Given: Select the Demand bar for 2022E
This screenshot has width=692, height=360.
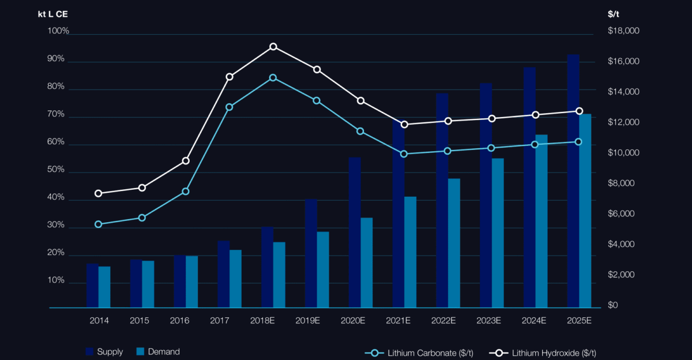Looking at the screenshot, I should (x=454, y=243).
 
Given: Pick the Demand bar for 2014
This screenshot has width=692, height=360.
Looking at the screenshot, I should (x=104, y=287).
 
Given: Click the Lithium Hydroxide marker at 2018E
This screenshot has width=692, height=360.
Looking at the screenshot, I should (x=273, y=47).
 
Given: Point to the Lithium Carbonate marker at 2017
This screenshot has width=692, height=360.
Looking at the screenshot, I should (x=230, y=107).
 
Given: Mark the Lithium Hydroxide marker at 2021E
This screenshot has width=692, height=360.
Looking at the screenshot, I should (x=404, y=125).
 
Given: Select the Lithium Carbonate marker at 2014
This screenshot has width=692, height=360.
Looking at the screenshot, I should (x=98, y=224).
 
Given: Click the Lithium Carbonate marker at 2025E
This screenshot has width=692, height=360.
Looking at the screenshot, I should (x=579, y=142).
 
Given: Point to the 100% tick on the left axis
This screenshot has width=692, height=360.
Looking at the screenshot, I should (x=58, y=31).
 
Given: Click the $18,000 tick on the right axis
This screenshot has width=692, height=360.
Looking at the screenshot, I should (x=623, y=31).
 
